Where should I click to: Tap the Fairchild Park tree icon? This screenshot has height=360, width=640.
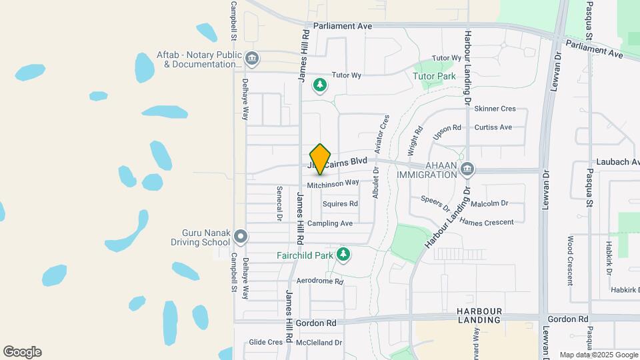coord(343,254)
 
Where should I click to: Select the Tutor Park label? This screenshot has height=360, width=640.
coord(434,76)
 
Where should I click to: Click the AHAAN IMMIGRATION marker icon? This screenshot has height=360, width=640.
coord(468,168)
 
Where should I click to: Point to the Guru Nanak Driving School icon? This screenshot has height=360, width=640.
coord(241,237)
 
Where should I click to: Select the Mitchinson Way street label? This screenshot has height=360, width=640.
coord(333,183)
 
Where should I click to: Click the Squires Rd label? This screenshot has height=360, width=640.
coord(340,203)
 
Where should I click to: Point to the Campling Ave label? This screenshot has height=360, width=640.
coord(330,223)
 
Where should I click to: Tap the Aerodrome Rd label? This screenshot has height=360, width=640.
coord(319,281)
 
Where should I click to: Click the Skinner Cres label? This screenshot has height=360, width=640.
coord(495,109)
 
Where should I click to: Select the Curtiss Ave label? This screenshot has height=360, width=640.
coord(493,127)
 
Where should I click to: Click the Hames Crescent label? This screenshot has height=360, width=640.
coord(487,222)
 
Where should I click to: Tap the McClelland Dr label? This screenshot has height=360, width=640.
coord(319,342)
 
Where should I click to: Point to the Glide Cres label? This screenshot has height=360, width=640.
coord(265,342)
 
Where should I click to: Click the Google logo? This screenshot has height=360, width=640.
coord(22,352)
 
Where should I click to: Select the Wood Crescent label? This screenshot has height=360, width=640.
coord(571,260)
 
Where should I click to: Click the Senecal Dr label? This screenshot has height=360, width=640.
coord(279,203)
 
